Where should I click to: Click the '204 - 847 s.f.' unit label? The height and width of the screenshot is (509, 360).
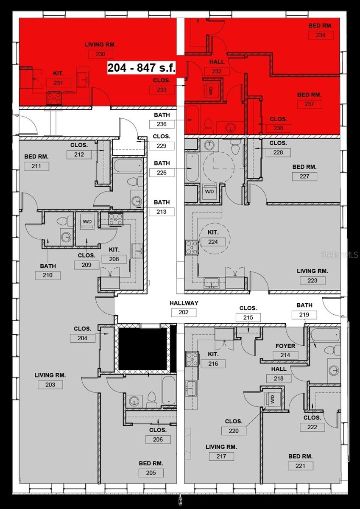point(141,67)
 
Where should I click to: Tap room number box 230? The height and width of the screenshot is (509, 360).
point(100,54)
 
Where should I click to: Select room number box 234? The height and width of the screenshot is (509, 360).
point(320,35)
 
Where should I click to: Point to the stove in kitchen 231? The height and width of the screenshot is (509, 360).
point(54,98)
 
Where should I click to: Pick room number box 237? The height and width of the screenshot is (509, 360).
point(309,104)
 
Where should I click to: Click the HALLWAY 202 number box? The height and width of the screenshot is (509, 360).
point(184,313)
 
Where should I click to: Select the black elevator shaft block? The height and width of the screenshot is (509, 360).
point(142,348)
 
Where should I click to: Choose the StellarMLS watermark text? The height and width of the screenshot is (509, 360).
point(340,255)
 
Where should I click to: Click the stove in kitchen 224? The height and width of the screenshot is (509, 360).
point(192,247)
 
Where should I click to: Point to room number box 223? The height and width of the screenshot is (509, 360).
point(312,280)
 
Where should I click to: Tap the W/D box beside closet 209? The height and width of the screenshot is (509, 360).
point(87,222)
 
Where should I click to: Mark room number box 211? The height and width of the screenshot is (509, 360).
point(36,166)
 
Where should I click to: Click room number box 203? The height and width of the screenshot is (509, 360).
point(50,385)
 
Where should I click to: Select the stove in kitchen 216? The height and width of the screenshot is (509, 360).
point(192,359)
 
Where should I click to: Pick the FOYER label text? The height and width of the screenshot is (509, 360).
point(285,346)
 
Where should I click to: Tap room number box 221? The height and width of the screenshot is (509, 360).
point(300,466)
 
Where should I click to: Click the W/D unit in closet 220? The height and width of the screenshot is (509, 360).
point(272,399)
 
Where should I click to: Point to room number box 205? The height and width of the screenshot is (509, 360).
point(151,473)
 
